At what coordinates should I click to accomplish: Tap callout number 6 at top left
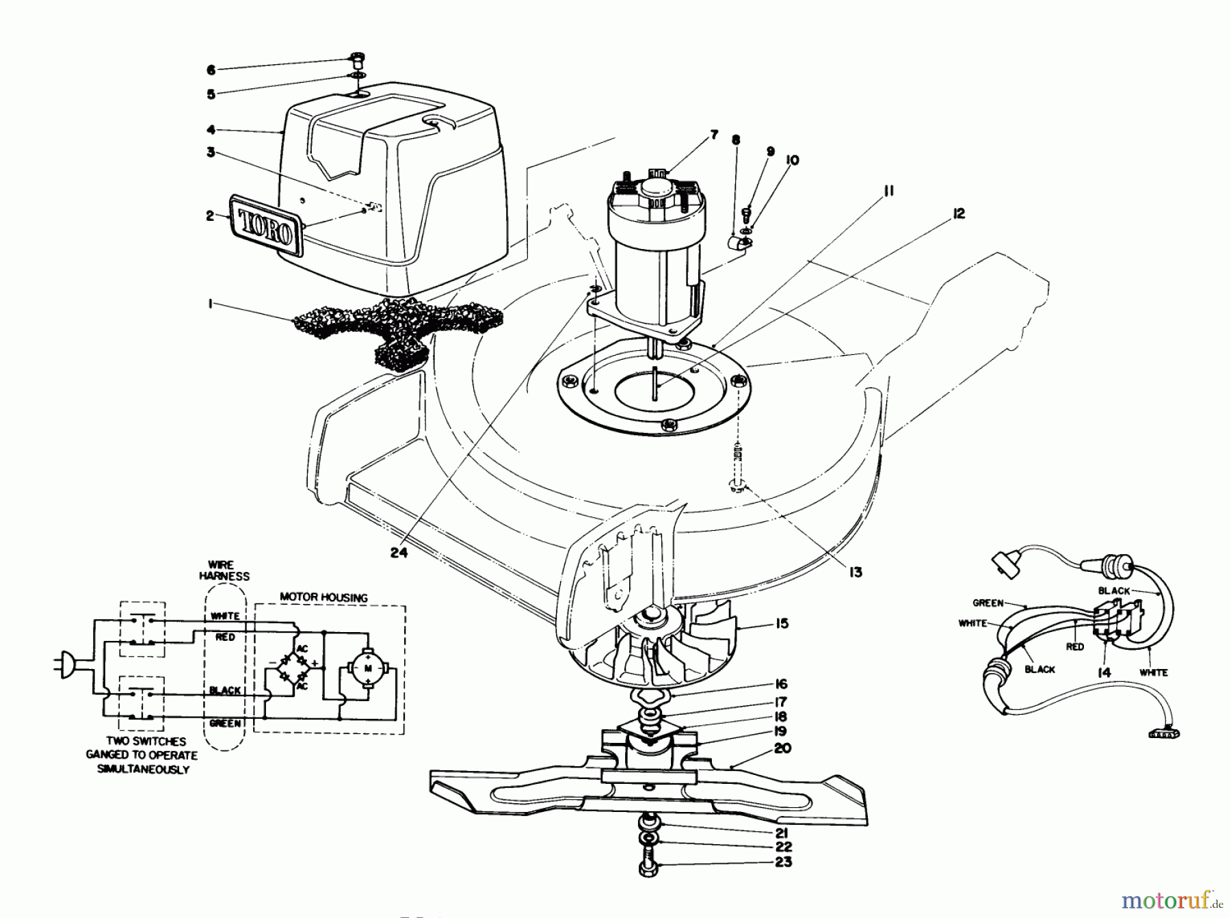[211, 70]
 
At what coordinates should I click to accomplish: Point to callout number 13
[855, 572]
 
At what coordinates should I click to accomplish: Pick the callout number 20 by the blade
[782, 748]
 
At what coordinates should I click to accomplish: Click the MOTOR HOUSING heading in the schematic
[323, 597]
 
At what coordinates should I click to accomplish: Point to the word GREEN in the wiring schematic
[225, 723]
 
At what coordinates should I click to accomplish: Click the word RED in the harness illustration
[1074, 646]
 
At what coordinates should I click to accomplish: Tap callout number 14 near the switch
[1103, 672]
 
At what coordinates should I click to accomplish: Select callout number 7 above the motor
[714, 135]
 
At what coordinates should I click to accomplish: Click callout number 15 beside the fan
[782, 623]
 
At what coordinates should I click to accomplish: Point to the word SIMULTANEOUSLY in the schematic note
[140, 769]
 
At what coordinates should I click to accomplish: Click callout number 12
[958, 214]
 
